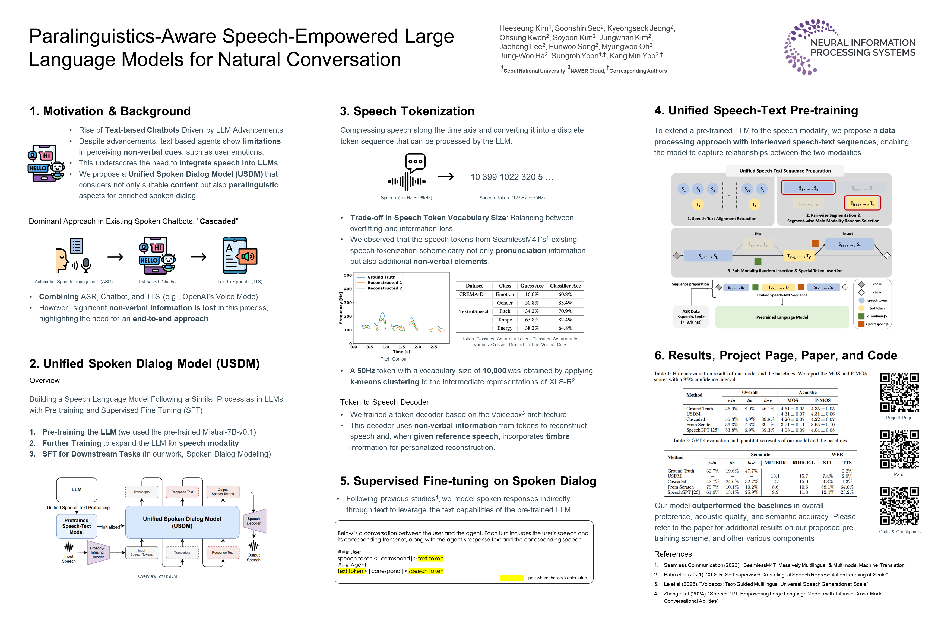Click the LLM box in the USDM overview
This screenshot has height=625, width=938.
coord(77,489)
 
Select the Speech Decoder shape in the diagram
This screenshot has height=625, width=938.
coord(254,521)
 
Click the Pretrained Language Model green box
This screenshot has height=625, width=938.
coord(782,317)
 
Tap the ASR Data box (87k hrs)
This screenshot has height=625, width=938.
coord(691,317)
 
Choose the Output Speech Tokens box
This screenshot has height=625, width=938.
coord(223,492)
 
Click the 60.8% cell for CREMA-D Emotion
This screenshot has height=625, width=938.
coord(565,295)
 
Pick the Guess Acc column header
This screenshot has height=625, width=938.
coord(532,286)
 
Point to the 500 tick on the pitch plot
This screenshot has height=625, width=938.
coord(348,275)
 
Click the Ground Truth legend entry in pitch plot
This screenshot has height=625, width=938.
coord(381,277)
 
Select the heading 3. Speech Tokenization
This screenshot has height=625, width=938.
coord(407,111)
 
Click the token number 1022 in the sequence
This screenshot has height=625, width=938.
coord(509,177)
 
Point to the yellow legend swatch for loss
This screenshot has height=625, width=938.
coord(511,578)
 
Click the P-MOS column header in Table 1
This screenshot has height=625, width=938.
coord(822,401)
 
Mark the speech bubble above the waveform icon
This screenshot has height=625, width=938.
coord(415,162)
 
